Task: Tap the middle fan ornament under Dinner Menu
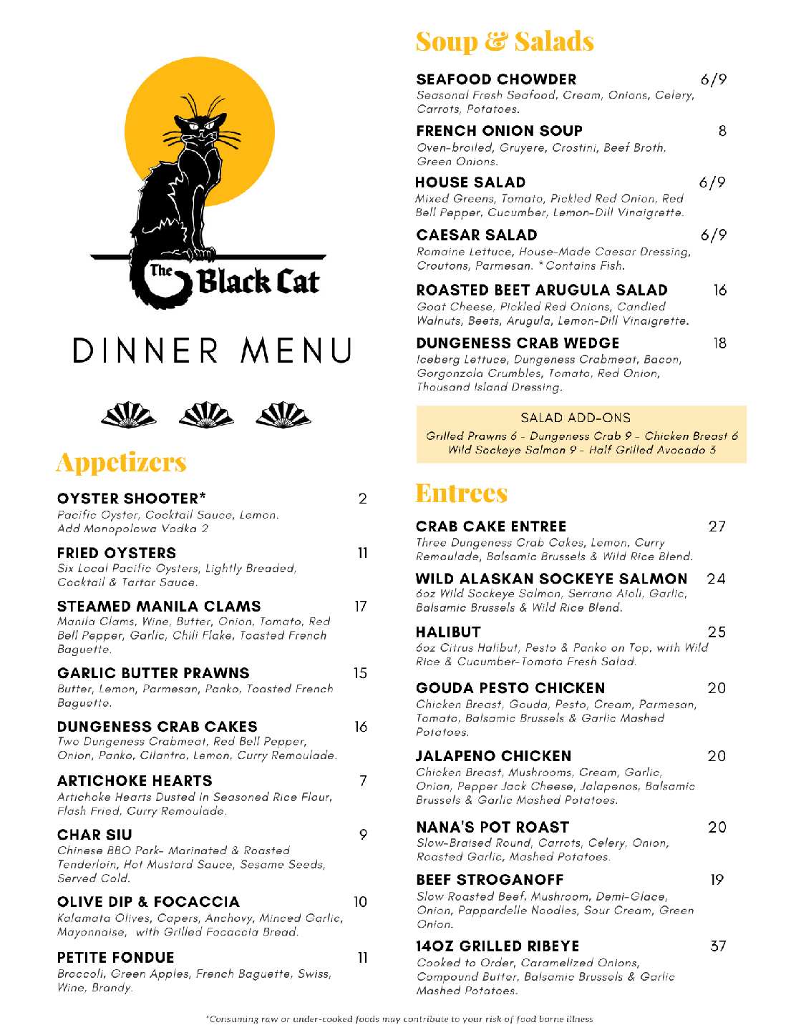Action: (206, 415)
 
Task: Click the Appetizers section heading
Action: (122, 462)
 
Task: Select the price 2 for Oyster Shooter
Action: (362, 499)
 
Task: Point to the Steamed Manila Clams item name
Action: (159, 607)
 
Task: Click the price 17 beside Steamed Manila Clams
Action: (361, 607)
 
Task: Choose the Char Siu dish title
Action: (94, 835)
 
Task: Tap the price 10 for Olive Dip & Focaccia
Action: (360, 902)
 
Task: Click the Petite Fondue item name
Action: (116, 958)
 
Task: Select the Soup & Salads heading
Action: (505, 41)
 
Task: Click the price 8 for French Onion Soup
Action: (722, 131)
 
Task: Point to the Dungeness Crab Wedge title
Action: (518, 343)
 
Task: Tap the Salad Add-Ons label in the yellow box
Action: (576, 418)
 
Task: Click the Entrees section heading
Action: (462, 494)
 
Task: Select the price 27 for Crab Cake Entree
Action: (717, 526)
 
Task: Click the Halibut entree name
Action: (448, 632)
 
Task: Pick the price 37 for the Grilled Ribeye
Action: (718, 946)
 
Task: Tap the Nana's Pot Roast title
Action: (492, 828)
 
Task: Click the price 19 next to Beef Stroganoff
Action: (717, 880)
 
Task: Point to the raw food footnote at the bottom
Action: (399, 1019)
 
